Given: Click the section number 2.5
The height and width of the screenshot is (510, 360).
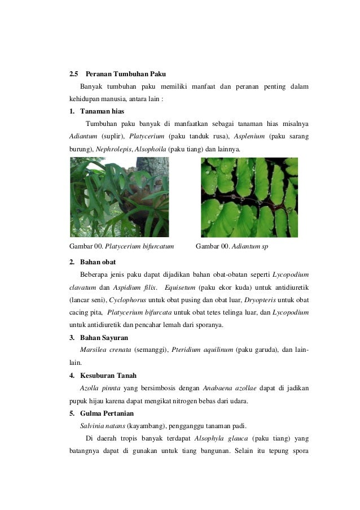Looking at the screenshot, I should point(73,74).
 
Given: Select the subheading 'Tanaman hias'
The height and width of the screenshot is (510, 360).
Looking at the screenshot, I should point(102,110).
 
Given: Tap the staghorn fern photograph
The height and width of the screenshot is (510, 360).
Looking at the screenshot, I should point(119,197).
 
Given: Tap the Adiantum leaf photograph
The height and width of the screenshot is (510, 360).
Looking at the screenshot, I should point(249,197).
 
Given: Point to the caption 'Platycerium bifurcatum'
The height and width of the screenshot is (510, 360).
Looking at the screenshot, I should point(139,246).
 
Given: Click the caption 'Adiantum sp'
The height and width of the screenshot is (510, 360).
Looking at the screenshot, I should point(251,246).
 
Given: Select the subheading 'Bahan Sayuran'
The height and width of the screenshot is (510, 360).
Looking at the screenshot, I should point(104,337).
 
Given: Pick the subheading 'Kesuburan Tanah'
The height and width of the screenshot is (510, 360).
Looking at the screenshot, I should point(108,375).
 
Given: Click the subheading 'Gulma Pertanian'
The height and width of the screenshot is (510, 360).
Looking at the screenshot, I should point(107,413).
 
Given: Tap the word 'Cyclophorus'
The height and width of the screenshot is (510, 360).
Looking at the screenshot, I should point(127,300).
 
